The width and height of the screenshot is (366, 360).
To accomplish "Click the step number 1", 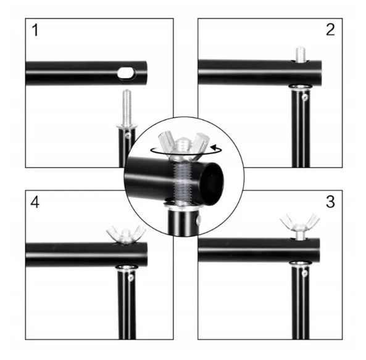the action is coord(35,30).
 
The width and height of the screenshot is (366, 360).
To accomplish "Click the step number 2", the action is coord(330,30).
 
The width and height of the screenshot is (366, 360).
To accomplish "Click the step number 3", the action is coord(330,202).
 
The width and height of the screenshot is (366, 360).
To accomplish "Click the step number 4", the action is coord(35,202).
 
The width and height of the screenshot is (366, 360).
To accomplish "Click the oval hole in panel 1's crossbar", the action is coord(127,73).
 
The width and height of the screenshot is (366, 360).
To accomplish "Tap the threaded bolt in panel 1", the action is coord(127,108).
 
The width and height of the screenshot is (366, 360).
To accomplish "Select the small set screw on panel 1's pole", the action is coord(127,135).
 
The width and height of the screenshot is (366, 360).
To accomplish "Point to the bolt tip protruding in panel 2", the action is coord(301,55).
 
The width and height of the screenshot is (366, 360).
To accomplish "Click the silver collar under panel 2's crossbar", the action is coord(301,87).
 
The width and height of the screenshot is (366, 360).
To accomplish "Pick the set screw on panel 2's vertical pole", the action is coord(304,97).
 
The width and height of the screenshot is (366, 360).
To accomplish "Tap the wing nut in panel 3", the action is coord(300,224).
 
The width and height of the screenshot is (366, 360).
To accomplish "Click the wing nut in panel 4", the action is coord(126,234).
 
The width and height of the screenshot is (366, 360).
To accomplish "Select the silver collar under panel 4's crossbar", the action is coord(127,268).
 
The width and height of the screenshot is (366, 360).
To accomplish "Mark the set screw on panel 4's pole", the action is coord(131,277).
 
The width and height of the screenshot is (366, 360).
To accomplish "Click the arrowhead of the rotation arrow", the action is coord(214,147).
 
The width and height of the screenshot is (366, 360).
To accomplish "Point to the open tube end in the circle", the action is coord(211,184).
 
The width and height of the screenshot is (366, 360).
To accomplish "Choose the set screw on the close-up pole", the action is coord(199,219).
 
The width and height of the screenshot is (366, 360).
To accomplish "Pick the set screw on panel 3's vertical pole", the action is coord(304,272).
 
